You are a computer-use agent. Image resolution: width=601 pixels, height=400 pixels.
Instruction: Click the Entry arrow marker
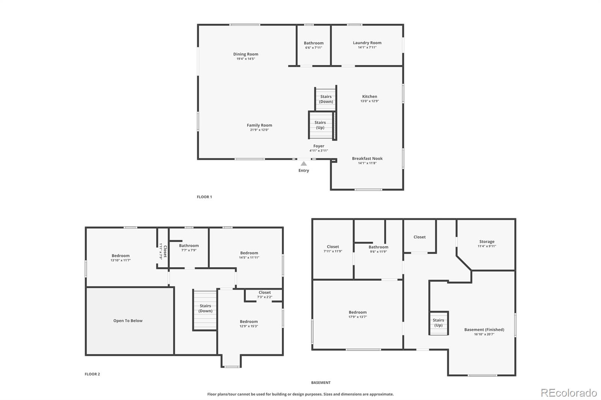pyautogui.click(x=304, y=164)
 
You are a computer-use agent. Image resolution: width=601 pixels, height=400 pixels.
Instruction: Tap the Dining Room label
pyautogui.click(x=246, y=54)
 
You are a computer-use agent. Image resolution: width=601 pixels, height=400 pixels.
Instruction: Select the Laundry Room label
pyautogui.click(x=367, y=43)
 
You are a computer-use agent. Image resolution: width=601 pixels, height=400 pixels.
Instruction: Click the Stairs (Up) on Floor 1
pyautogui.click(x=320, y=125)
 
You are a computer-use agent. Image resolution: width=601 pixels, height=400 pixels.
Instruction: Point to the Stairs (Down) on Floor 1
pyautogui.click(x=326, y=99)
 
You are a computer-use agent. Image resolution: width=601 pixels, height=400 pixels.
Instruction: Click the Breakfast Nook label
pyautogui.click(x=367, y=158)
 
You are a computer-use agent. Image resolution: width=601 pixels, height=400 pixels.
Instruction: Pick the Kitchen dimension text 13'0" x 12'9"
pyautogui.click(x=370, y=101)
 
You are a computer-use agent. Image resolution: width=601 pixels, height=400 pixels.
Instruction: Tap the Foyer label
pyautogui.click(x=319, y=146)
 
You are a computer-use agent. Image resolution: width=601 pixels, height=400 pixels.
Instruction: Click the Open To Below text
pyautogui.click(x=128, y=321)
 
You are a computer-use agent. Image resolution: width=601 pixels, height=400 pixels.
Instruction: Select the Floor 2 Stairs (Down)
pyautogui.click(x=205, y=308)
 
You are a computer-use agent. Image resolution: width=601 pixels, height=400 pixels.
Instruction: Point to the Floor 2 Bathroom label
pyautogui.click(x=189, y=245)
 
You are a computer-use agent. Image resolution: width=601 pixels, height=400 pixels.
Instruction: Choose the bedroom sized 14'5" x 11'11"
pyautogui.click(x=249, y=255)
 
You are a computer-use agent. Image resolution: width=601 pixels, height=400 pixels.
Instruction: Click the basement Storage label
pyautogui.click(x=487, y=242)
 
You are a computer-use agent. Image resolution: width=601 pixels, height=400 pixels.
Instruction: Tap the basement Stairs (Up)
pyautogui.click(x=438, y=323)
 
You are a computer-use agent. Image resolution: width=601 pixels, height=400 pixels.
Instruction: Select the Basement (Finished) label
pyautogui.click(x=484, y=329)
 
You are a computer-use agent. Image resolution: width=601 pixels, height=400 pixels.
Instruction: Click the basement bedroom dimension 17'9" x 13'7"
pyautogui.click(x=358, y=317)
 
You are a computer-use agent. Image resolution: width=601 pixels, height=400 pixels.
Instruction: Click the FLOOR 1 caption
pyautogui.click(x=204, y=197)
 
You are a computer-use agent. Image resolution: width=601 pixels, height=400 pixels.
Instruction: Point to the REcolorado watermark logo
pyautogui.click(x=569, y=393)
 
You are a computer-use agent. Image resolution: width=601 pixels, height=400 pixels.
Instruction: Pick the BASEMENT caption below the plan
pyautogui.click(x=321, y=383)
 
